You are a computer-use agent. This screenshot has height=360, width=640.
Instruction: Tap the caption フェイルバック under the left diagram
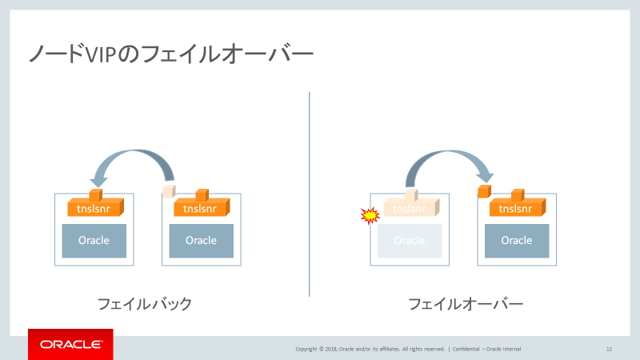pyautogui.click(x=144, y=304)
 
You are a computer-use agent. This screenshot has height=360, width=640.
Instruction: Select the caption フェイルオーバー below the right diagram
pyautogui.click(x=466, y=304)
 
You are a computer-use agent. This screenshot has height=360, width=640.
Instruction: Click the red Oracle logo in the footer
pyautogui.click(x=70, y=345)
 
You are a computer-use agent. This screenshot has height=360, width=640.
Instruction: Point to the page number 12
pyautogui.click(x=609, y=349)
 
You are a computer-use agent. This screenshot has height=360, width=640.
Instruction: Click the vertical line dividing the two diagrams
pyautogui.click(x=310, y=192)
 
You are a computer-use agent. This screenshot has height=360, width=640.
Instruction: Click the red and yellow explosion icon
pyautogui.click(x=369, y=214)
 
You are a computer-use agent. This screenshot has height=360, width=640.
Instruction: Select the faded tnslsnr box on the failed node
pyautogui.click(x=410, y=209)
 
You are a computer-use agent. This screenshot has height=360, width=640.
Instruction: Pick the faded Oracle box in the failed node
pyautogui.click(x=409, y=241)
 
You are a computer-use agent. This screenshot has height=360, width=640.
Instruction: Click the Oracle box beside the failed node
pyautogui.click(x=516, y=241)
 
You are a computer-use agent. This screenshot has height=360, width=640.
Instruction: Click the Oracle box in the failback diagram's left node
pyautogui.click(x=94, y=241)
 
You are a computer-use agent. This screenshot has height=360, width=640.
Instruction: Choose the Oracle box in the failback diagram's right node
pyautogui.click(x=201, y=241)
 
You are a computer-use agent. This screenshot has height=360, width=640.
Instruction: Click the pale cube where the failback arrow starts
pyautogui.click(x=168, y=191)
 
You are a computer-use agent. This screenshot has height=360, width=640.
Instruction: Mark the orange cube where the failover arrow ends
pyautogui.click(x=483, y=191)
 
